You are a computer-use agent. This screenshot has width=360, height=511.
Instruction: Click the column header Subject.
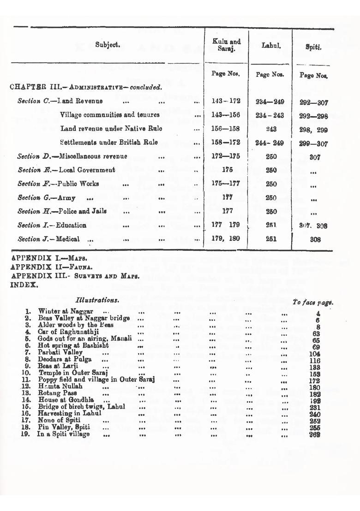pyautogui.click(x=108, y=45)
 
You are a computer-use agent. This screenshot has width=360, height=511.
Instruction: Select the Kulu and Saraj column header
pyautogui.click(x=226, y=45)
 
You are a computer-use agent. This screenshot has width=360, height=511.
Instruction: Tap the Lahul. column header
pyautogui.click(x=271, y=45)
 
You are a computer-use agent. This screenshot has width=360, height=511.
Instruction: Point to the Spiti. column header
pyautogui.click(x=313, y=47)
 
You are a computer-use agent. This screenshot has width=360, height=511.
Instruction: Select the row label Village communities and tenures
pyautogui.click(x=110, y=115)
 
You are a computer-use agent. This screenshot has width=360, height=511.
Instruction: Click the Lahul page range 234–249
pyautogui.click(x=270, y=101)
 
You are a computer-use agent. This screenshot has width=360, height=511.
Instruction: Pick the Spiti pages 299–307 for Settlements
pyautogui.click(x=313, y=143)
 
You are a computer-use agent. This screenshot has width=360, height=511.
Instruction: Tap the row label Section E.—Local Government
pyautogui.click(x=66, y=170)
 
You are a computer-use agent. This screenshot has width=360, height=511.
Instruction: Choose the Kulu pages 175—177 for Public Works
pyautogui.click(x=226, y=184)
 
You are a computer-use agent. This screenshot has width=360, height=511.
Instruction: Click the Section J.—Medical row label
pyautogui.click(x=48, y=239)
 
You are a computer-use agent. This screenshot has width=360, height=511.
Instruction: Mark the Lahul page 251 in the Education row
pyautogui.click(x=271, y=225)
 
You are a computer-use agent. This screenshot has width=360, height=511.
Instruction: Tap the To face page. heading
pyautogui.click(x=313, y=303)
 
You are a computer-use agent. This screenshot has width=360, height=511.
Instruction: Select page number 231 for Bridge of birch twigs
pyautogui.click(x=315, y=407)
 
